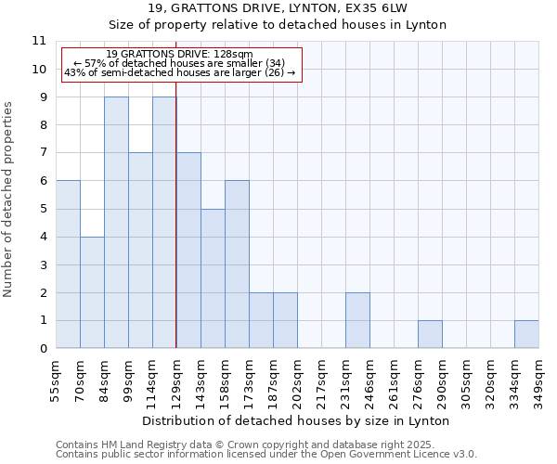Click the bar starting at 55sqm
68,264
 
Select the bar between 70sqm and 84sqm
92,292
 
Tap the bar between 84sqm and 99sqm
116,223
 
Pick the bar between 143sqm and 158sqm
213,278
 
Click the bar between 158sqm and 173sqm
237,264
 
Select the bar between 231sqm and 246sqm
357,320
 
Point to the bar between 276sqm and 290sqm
430,334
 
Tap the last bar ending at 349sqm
526,334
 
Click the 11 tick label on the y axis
38,41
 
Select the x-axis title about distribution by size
297,420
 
